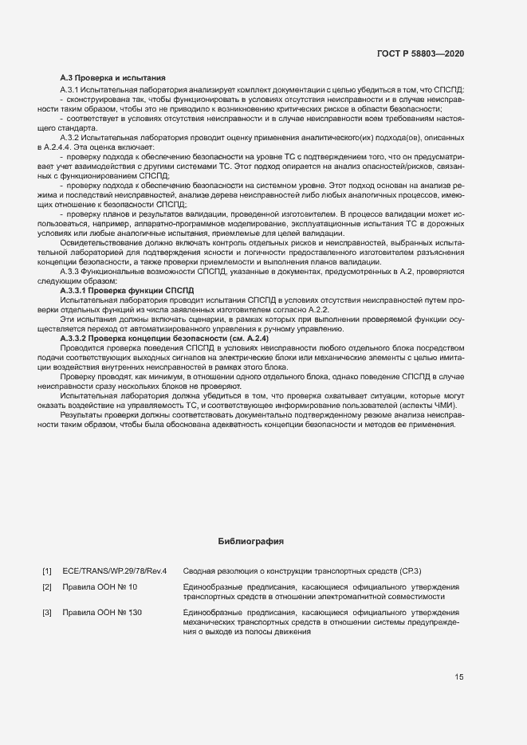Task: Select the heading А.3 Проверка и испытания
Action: pos(113,78)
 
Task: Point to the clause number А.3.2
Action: pos(72,138)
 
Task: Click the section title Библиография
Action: pos(251,541)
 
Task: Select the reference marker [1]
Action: pos(47,571)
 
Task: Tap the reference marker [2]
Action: pos(47,587)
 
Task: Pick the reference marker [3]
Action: pos(47,612)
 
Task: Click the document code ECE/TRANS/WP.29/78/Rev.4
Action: pos(115,571)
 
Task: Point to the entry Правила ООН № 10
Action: pos(100,587)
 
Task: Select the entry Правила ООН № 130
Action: pos(102,612)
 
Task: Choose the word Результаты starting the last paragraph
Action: pos(82,414)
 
